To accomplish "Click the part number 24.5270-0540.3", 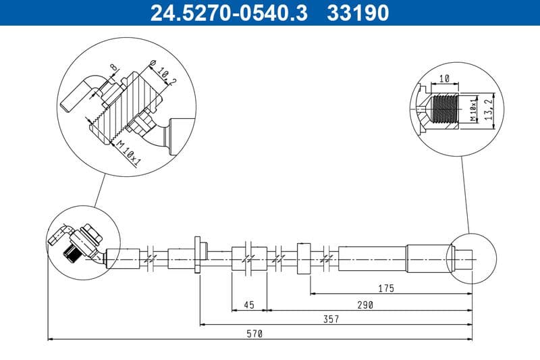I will coord(229,13).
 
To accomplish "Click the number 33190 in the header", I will coord(358,13).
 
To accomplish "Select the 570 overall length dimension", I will coord(254,334).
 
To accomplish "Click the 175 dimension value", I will coord(386,288).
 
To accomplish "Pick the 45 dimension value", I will coord(248,305).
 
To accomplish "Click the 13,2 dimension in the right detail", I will coord(495,106).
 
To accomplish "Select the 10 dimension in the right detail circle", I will coord(443,79).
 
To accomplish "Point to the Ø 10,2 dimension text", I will coord(158,72).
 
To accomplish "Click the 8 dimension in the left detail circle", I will coord(113,68).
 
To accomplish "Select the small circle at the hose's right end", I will coord(471,259).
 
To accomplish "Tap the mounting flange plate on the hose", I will coord(198,255).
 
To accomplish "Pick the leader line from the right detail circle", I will coord(464,196).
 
